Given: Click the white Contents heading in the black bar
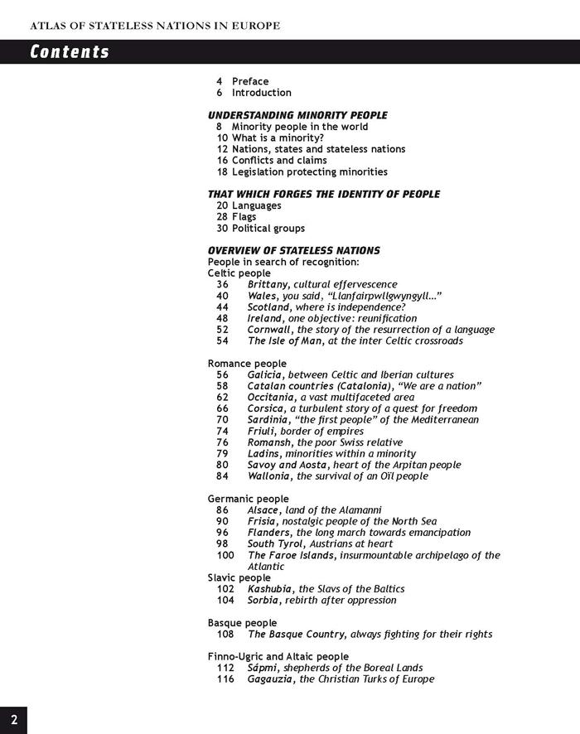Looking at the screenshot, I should tap(70, 52).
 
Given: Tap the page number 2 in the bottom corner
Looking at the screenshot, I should tap(13, 717).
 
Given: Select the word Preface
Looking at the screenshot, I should tap(250, 81).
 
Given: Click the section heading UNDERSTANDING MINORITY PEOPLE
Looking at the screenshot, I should tap(297, 115).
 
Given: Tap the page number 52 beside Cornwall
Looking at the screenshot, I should tap(222, 330).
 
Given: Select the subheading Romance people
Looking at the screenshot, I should tap(247, 364).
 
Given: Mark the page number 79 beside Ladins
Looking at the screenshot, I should tap(222, 454).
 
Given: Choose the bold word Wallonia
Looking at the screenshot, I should tap(269, 476).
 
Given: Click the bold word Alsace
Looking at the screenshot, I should tap(264, 510).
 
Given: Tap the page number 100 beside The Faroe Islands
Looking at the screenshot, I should tap(225, 555).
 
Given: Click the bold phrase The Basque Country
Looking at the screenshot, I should tap(296, 635).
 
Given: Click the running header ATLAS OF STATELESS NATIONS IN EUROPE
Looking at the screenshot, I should tap(155, 26).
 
